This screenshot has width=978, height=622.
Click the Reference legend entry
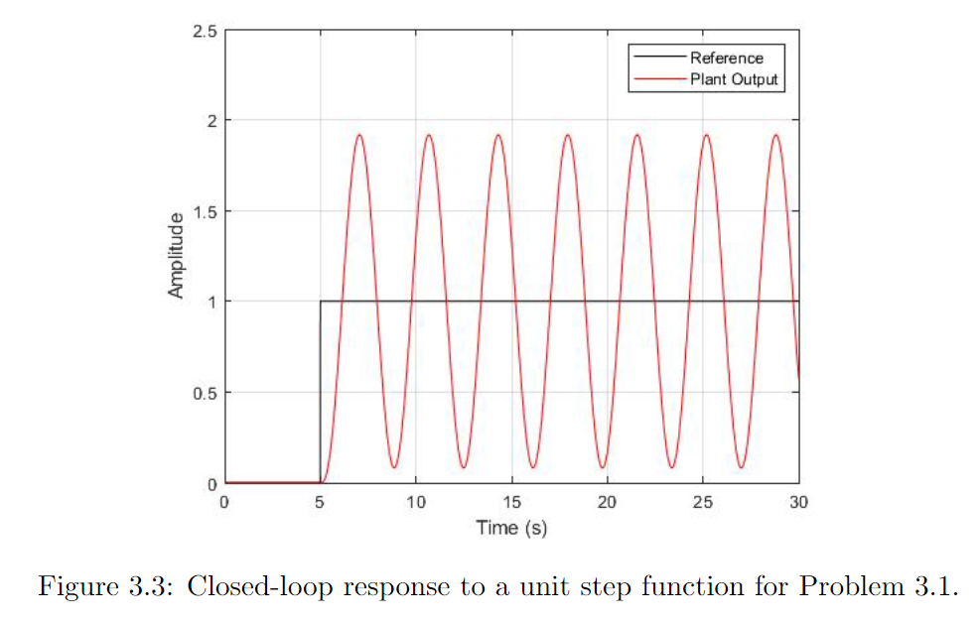[x=727, y=59]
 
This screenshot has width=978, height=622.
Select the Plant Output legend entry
[x=734, y=79]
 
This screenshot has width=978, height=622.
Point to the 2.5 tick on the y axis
[x=206, y=31]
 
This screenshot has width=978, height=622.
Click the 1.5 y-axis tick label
[x=206, y=211]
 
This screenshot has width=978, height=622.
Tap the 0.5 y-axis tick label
[x=206, y=393]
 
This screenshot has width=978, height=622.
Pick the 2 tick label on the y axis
[x=211, y=121]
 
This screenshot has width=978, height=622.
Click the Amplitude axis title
[x=177, y=256]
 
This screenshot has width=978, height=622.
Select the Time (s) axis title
[x=511, y=527]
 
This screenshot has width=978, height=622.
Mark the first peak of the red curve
[x=359, y=135]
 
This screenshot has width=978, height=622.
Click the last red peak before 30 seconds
[x=775, y=135]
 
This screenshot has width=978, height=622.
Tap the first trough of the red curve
[x=394, y=467]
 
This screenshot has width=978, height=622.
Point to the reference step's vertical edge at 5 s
[x=320, y=392]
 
